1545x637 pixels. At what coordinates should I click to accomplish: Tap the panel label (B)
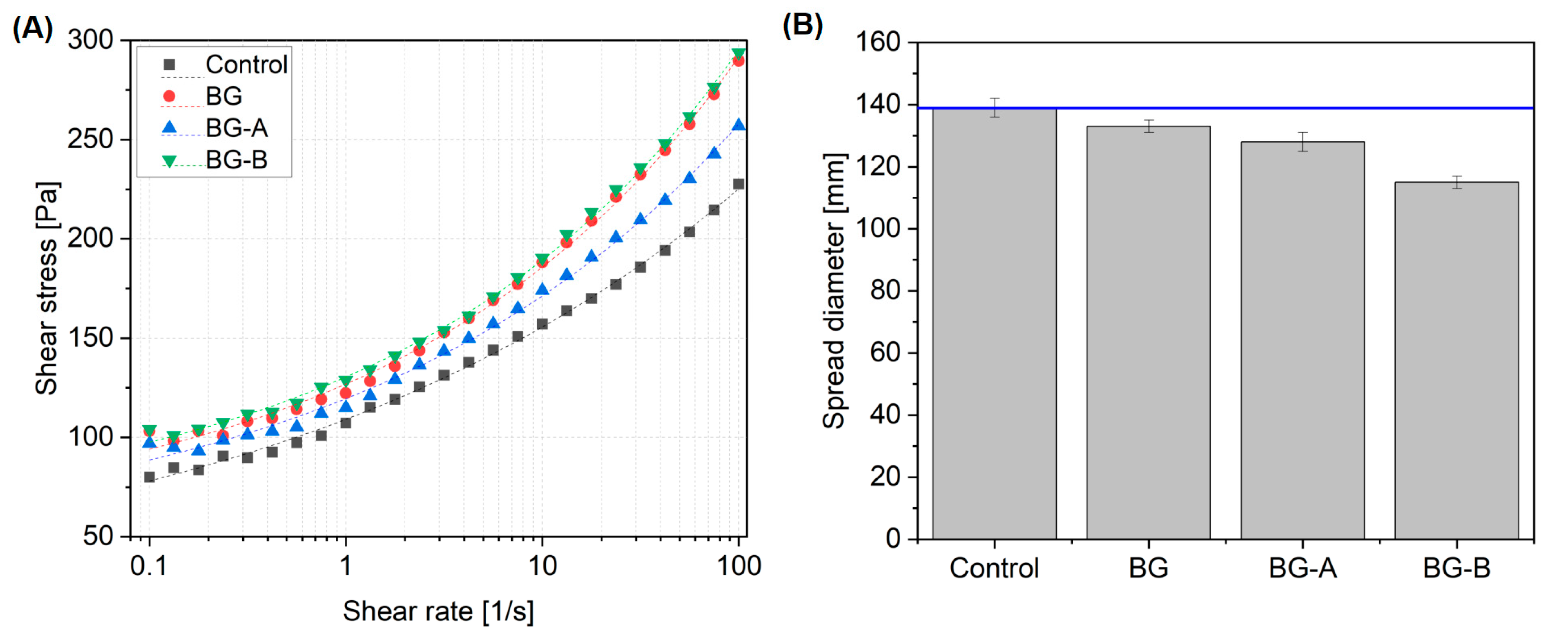click(x=802, y=25)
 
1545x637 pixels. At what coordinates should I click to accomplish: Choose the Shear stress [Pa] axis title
click(x=47, y=288)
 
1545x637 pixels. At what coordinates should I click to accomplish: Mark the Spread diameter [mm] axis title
click(x=834, y=291)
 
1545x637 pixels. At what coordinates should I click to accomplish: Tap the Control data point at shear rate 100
click(x=739, y=184)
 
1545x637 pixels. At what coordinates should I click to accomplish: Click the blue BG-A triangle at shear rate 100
click(x=739, y=125)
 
